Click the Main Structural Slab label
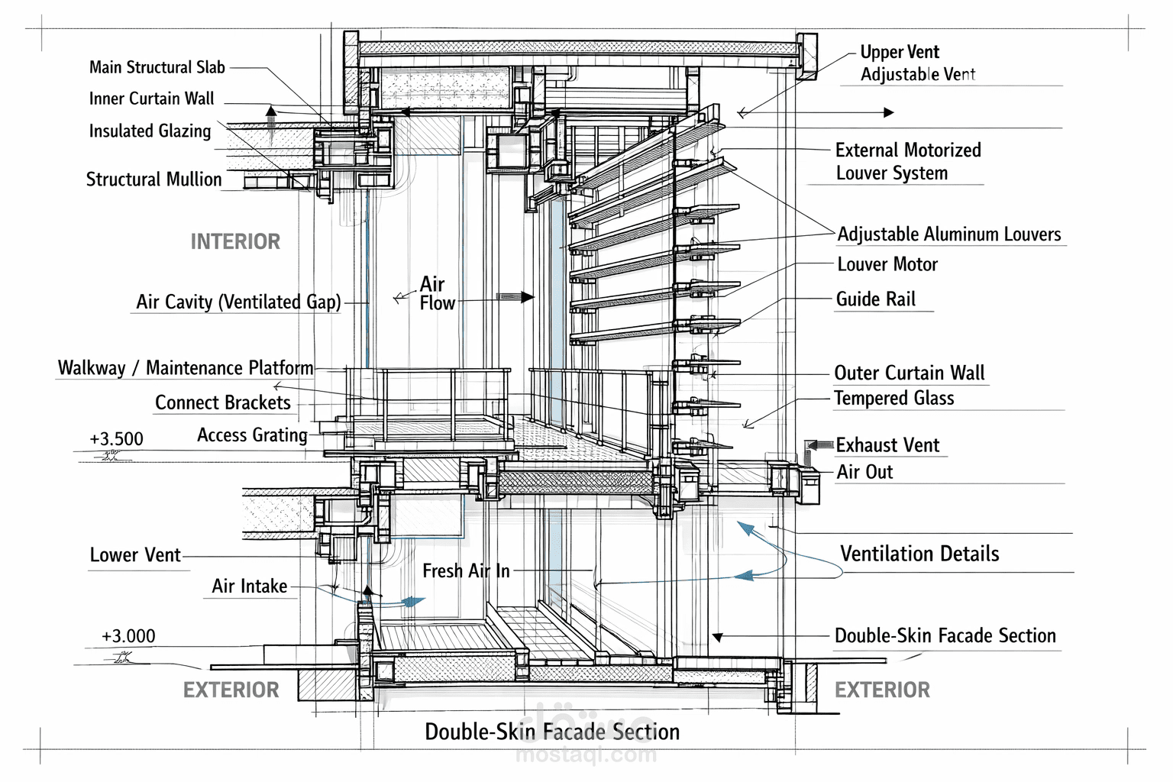157,67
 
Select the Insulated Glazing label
150,131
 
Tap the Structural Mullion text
153,179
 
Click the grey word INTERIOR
235,242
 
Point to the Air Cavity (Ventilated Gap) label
238,302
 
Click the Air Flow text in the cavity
437,293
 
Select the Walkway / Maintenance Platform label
186,368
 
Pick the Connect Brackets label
223,402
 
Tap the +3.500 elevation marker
116,439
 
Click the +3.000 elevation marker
128,636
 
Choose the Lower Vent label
135,555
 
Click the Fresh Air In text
466,570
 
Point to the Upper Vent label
900,52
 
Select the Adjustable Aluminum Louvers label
949,234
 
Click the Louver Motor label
887,264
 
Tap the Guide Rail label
875,299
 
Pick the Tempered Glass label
893,398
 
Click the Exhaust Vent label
887,445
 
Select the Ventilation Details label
919,554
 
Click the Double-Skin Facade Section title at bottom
552,732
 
